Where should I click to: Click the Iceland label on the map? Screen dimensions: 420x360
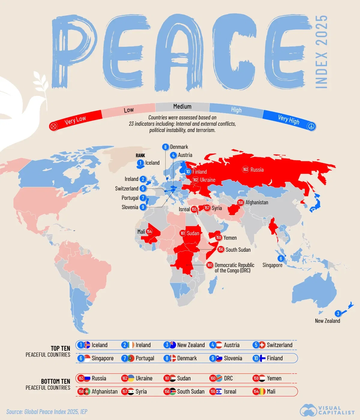pyautogui.click(x=152, y=163)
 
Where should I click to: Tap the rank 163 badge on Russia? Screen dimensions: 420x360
pyautogui.click(x=245, y=169)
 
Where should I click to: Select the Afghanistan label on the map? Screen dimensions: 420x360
pyautogui.click(x=257, y=202)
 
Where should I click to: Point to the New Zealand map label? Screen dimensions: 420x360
pyautogui.click(x=327, y=321)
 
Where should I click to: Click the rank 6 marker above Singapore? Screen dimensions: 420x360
pyautogui.click(x=281, y=259)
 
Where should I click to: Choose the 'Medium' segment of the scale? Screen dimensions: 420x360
pyautogui.click(x=182, y=106)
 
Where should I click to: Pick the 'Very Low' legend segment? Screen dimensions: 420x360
pyautogui.click(x=75, y=120)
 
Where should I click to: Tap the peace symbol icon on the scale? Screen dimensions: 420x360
pyautogui.click(x=311, y=127)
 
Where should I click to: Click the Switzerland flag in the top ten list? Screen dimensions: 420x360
pyautogui.click(x=262, y=345)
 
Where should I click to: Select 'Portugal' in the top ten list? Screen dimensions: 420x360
pyautogui.click(x=145, y=358)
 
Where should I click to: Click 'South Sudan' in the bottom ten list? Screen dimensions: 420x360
pyautogui.click(x=190, y=391)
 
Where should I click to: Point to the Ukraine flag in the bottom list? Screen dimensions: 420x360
pyautogui.click(x=131, y=378)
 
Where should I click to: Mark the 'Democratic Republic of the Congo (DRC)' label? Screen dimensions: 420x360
pyautogui.click(x=234, y=268)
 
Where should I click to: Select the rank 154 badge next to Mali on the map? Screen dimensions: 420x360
pyautogui.click(x=149, y=232)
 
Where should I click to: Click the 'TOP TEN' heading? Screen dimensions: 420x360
pyautogui.click(x=60, y=348)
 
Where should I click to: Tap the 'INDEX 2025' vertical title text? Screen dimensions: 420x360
pyautogui.click(x=321, y=52)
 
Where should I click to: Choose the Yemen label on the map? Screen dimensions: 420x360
pyautogui.click(x=230, y=238)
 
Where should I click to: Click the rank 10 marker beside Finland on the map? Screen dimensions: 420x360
pyautogui.click(x=188, y=172)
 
